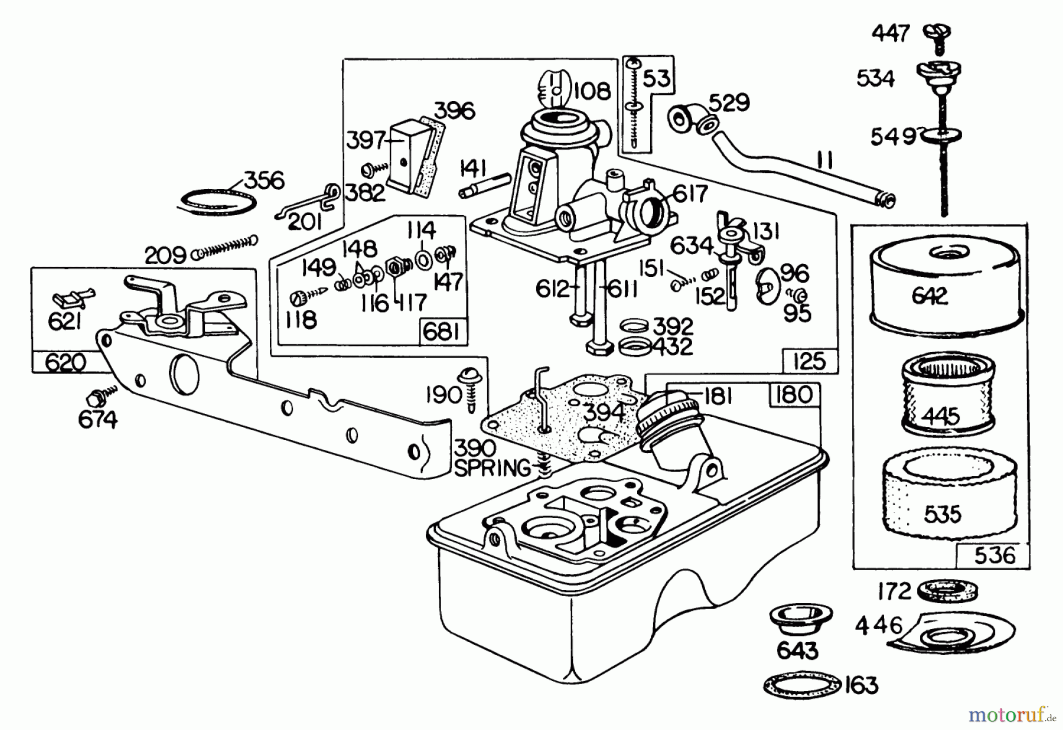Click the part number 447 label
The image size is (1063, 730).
(891, 33)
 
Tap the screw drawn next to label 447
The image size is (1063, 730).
(938, 32)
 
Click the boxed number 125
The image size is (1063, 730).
(809, 360)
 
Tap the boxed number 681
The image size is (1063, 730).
(442, 332)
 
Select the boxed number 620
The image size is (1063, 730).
(65, 361)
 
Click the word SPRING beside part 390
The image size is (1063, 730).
(492, 468)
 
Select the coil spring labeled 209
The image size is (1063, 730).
(227, 246)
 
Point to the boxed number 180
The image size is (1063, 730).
(794, 395)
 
